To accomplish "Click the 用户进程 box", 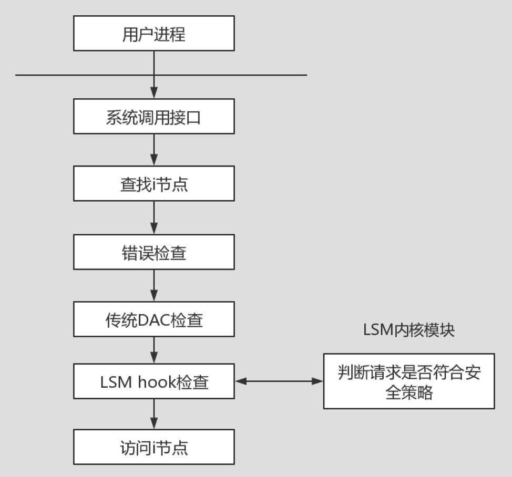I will point(153,34).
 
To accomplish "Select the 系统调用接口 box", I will point(153,116).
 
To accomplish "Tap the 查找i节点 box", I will point(153,183).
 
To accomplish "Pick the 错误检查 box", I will point(153,252).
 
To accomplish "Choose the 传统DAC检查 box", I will point(153,319).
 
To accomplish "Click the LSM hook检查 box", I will point(153,381).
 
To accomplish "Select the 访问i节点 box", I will point(153,447).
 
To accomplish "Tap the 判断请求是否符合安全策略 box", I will point(408,381).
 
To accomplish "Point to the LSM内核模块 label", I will point(408,330).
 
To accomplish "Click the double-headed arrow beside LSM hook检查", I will point(279,381).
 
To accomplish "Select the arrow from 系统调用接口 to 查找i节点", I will point(153,150).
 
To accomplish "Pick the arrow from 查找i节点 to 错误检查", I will point(153,217).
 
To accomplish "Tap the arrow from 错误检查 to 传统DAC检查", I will point(153,285).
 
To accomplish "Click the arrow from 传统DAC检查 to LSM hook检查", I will point(153,350).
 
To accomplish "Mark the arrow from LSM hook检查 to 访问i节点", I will point(153,414).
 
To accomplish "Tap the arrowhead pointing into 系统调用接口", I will point(153,95).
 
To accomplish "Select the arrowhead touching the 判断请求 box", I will point(318,381).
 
